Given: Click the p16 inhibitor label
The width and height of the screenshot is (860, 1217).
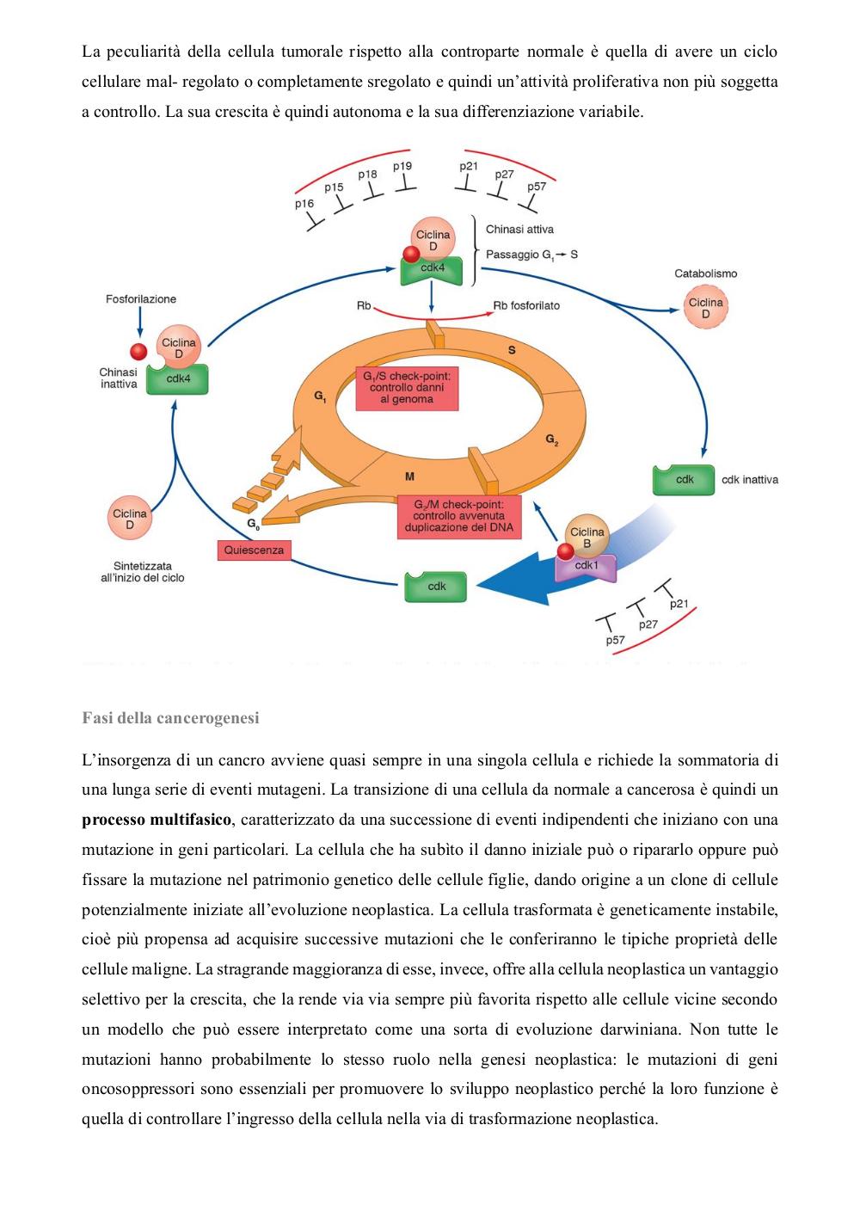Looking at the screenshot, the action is click(304, 204).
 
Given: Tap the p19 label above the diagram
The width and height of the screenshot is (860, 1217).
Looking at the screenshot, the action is click(402, 166).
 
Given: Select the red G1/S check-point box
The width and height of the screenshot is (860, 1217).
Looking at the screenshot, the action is click(407, 387).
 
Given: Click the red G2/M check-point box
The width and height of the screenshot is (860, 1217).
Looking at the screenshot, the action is click(459, 516).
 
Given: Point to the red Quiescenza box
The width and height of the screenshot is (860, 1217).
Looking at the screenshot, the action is click(254, 550).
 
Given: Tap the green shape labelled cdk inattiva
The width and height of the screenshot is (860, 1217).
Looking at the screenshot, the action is click(684, 480).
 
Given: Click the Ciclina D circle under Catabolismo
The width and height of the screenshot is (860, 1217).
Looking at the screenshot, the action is click(705, 308).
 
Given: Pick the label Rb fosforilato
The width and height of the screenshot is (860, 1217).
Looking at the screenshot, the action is click(525, 306).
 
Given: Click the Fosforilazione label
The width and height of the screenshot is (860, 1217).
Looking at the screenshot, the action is click(141, 298).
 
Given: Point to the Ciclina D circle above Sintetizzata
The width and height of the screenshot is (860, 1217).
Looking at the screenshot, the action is click(130, 518).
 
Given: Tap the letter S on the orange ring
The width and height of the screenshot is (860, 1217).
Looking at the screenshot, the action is click(511, 350).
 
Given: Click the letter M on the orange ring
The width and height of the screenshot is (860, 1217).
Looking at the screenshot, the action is click(409, 476).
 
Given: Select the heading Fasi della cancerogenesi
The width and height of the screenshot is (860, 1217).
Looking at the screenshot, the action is click(170, 718).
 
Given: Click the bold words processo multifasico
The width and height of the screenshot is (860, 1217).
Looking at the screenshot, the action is click(157, 820).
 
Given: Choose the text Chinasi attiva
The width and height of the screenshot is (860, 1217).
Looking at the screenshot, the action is click(519, 230).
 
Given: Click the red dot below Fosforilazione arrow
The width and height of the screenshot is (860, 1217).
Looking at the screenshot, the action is click(139, 352).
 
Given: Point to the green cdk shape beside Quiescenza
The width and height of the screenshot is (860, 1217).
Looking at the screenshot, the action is click(436, 587).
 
